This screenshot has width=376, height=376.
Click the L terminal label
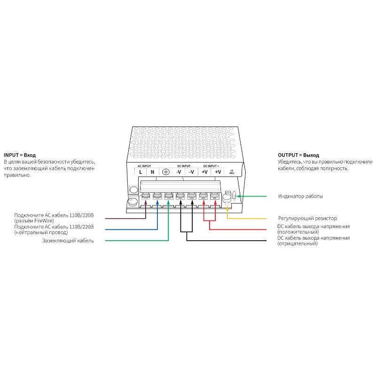tap(141, 172)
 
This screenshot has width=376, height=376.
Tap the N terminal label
tap(152, 172)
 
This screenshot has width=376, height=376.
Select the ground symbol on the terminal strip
tap(165, 172)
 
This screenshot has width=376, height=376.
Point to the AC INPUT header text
tap(144, 166)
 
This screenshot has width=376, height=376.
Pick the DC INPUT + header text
tap(211, 166)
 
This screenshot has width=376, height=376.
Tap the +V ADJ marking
tap(231, 172)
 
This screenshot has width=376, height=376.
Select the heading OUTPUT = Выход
tap(298, 155)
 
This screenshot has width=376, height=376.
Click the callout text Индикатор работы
tap(300, 196)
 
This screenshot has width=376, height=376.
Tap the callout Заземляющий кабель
tap(68, 241)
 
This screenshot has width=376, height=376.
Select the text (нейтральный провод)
tap(41, 232)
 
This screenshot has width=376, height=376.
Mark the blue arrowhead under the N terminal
tap(157, 203)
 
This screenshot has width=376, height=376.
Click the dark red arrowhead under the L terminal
tap(146, 203)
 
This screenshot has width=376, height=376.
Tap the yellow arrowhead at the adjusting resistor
tap(227, 203)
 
